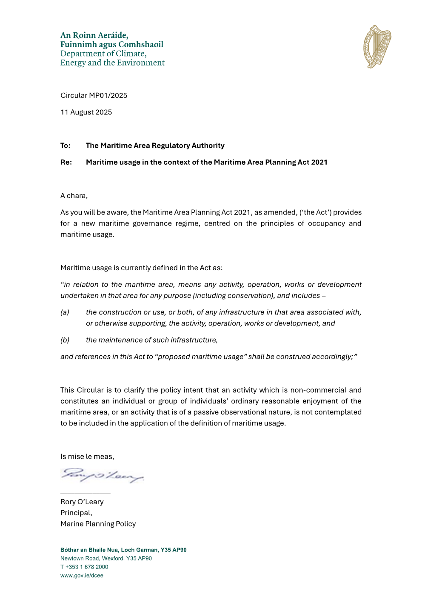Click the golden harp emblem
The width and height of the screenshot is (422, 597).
click(377, 47)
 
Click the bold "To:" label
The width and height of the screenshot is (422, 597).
click(66, 146)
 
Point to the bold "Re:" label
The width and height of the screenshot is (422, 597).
click(66, 162)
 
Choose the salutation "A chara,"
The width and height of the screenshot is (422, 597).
click(74, 196)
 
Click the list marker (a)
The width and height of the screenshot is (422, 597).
click(65, 312)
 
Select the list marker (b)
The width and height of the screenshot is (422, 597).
click(65, 340)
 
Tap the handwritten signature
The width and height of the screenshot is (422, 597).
click(102, 475)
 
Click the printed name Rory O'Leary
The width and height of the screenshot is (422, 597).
click(82, 502)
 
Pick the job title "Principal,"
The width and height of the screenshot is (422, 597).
click(76, 513)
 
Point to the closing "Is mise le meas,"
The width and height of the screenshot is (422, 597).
click(87, 457)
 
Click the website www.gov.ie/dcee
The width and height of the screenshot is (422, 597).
click(82, 575)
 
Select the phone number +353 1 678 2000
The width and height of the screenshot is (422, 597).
click(87, 567)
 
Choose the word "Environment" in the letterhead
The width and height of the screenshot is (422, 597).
click(141, 63)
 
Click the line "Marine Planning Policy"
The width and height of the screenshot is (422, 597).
click(98, 524)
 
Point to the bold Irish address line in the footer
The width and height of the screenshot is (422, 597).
click(123, 550)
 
